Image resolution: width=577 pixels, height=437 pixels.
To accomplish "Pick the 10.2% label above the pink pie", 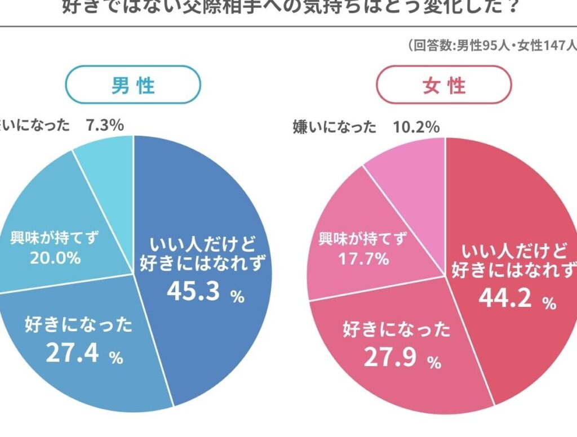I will tap(416, 127).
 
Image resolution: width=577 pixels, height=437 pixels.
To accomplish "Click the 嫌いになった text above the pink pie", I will tap(335, 127).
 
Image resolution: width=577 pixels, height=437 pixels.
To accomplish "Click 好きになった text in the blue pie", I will tap(78, 325).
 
